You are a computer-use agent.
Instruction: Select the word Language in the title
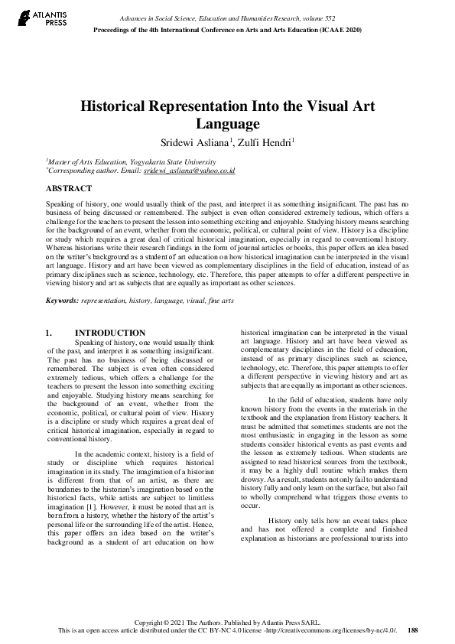228,124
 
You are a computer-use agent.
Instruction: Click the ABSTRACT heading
69,188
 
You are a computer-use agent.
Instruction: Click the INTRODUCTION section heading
110,333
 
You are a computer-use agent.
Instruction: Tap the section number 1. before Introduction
50,333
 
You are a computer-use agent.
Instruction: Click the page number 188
413,631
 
